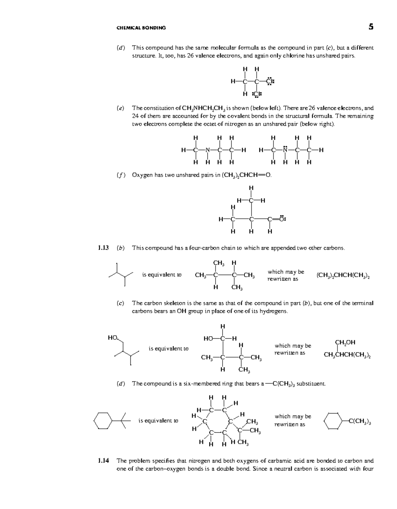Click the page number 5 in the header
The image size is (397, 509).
371,27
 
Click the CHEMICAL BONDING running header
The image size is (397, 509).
141,28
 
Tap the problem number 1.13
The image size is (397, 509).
103,248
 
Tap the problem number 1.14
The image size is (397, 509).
103,461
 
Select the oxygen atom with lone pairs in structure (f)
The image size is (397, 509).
282,219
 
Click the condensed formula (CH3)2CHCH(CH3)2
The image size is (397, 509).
343,275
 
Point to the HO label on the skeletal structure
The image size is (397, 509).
112,338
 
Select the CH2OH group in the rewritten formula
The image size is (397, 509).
345,343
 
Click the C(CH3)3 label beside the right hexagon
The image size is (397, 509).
360,422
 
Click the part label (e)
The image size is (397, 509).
120,108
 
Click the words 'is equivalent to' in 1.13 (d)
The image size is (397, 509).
158,421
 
